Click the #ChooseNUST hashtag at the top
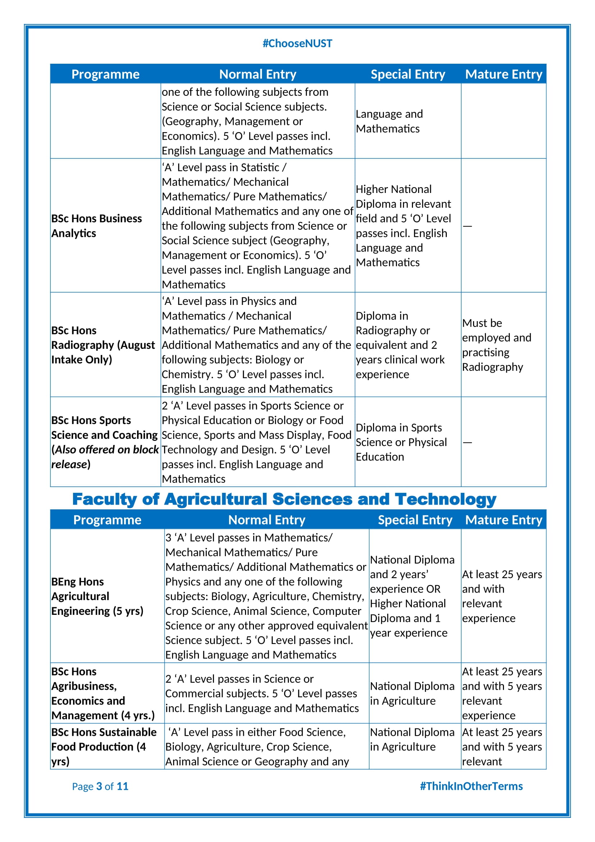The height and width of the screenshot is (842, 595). tap(297, 44)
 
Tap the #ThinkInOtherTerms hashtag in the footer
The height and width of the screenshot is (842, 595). tap(471, 786)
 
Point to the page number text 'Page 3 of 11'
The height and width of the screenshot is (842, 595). tap(100, 786)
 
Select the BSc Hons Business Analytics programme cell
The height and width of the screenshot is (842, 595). tap(96, 226)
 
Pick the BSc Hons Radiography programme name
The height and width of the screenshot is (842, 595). tap(103, 345)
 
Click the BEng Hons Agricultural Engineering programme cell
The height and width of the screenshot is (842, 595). tap(97, 596)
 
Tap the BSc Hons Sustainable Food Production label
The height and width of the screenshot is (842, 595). tap(104, 747)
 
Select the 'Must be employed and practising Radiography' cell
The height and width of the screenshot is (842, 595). tap(496, 345)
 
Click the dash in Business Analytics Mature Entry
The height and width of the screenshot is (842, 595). tap(467, 226)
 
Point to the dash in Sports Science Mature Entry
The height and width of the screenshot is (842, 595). tap(467, 443)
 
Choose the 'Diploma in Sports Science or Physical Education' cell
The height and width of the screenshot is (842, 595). tap(401, 442)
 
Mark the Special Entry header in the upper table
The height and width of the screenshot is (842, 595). tap(408, 75)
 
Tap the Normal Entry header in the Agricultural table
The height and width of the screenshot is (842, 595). tap(266, 520)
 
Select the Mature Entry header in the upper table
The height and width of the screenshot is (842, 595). tap(503, 75)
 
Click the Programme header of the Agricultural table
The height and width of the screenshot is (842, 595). tap(107, 520)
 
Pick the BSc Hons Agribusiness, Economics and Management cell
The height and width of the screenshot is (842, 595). tap(103, 693)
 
